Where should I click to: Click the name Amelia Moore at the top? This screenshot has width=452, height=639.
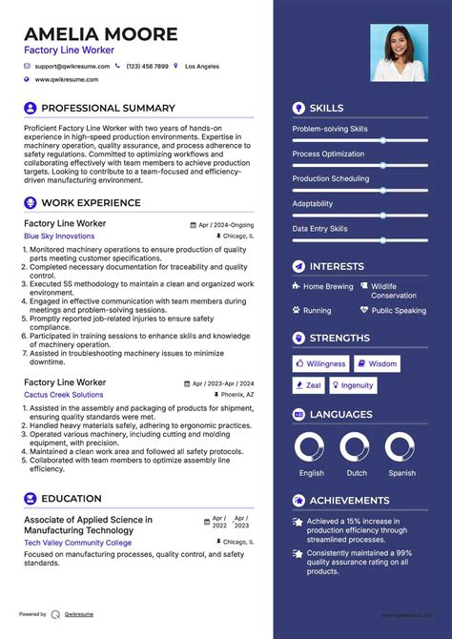pos(101,34)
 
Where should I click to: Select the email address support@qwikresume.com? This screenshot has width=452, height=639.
pos(72,67)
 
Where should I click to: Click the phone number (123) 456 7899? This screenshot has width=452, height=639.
pos(147,67)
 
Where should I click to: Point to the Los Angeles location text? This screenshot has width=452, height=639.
pos(201,67)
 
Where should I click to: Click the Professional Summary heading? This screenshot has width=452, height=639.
pos(108,109)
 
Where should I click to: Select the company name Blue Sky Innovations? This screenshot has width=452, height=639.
pos(59,236)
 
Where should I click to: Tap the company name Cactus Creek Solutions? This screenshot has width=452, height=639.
pos(64,394)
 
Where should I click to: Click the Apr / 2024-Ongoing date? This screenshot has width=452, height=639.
pos(226,224)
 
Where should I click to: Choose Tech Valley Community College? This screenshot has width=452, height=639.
pos(78,543)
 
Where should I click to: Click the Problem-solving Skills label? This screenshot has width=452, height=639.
pos(329,129)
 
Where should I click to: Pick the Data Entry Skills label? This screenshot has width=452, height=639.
pos(319,229)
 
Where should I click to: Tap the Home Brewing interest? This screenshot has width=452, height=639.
pos(328,286)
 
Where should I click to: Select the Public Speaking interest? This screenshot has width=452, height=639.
pos(399,310)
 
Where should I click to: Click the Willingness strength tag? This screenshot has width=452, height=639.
pos(320,363)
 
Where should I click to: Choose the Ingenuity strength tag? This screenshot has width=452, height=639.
pos(352,385)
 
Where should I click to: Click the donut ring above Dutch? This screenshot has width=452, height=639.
pos(355,448)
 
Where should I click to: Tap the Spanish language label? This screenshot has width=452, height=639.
pos(401,473)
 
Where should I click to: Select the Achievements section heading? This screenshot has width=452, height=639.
pos(350,501)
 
